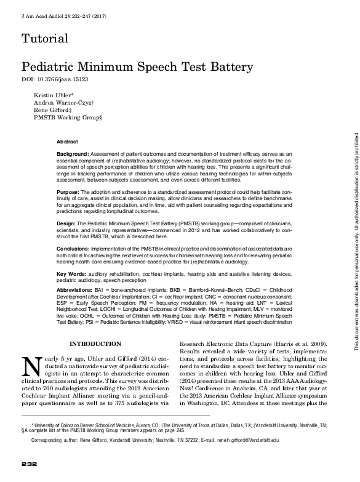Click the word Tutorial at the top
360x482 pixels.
(x=44, y=39)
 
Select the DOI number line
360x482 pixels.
(x=55, y=81)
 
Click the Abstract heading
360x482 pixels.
(x=67, y=141)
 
